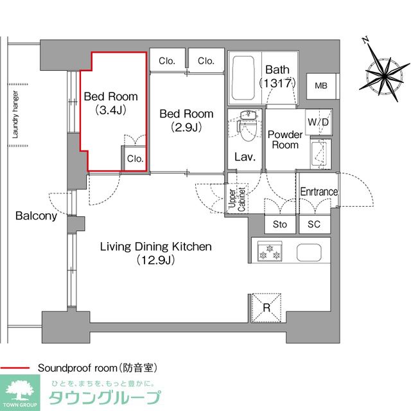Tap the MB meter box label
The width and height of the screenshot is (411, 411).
[321, 85]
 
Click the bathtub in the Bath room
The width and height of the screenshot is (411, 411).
[243, 78]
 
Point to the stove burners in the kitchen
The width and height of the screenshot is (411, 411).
[270, 251]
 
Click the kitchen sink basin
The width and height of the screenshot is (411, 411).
[309, 252]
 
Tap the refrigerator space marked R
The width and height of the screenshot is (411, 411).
[267, 308]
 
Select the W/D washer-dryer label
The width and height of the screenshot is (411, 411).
[318, 122]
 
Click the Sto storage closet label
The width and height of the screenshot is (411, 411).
[280, 224]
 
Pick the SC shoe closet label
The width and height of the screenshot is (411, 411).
[314, 224]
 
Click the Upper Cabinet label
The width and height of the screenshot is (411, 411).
[237, 199]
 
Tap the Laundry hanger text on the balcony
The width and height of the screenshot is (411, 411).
[15, 114]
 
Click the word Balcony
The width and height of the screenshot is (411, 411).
[36, 216]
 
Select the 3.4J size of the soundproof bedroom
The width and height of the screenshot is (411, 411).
[110, 110]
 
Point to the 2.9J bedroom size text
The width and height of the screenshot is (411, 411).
[186, 127]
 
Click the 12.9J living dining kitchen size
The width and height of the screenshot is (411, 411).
[155, 260]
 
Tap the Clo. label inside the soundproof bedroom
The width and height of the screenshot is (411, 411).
[136, 159]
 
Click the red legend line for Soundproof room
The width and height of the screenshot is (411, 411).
[15, 368]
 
